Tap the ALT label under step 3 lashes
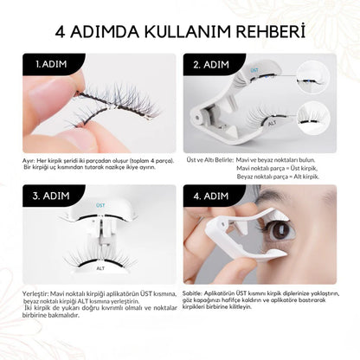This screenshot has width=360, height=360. [x=100, y=269]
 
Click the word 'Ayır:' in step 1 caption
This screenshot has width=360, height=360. [x=29, y=161]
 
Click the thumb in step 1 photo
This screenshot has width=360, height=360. [x=52, y=134]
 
